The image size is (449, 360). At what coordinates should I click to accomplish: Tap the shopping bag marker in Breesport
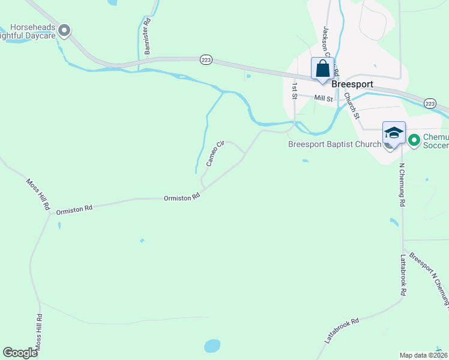[x=322, y=68]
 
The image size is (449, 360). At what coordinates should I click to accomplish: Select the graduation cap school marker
[x=394, y=134]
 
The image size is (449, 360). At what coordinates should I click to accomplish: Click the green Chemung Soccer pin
[x=414, y=140]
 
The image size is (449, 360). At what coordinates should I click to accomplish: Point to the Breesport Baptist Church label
[x=334, y=144]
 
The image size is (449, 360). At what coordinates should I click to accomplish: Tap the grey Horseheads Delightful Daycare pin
[x=65, y=30]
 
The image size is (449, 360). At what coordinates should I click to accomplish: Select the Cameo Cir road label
[x=215, y=153]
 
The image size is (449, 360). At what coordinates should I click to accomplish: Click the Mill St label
[x=323, y=98]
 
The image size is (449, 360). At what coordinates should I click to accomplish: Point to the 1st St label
[x=295, y=91]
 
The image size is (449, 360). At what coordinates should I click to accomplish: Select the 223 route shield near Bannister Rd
[x=206, y=59]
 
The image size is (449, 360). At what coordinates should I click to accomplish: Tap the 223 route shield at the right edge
[x=430, y=104]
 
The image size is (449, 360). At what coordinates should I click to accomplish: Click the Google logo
[x=20, y=353]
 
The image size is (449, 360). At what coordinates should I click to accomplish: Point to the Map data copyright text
[x=424, y=355]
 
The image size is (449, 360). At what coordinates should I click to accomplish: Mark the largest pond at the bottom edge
[x=212, y=346]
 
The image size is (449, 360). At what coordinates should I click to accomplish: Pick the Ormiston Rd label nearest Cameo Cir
[x=181, y=197]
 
